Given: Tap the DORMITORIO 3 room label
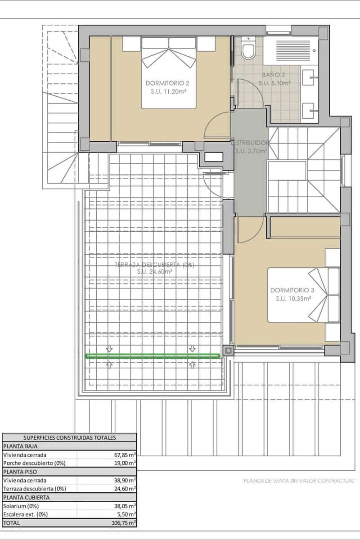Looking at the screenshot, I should [292, 290].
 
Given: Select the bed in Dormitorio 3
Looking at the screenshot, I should [304, 295].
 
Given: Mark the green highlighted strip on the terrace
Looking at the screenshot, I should [153, 356].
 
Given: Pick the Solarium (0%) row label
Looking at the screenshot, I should [21, 506].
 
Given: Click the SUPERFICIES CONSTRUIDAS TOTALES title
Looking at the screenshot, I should [69, 437].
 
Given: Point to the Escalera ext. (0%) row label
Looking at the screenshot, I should [25, 514].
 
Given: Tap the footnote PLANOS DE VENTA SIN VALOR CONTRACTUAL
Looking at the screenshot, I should [299, 481].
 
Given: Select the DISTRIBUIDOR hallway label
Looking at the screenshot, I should [250, 143].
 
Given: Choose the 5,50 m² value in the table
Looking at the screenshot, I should [126, 514].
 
